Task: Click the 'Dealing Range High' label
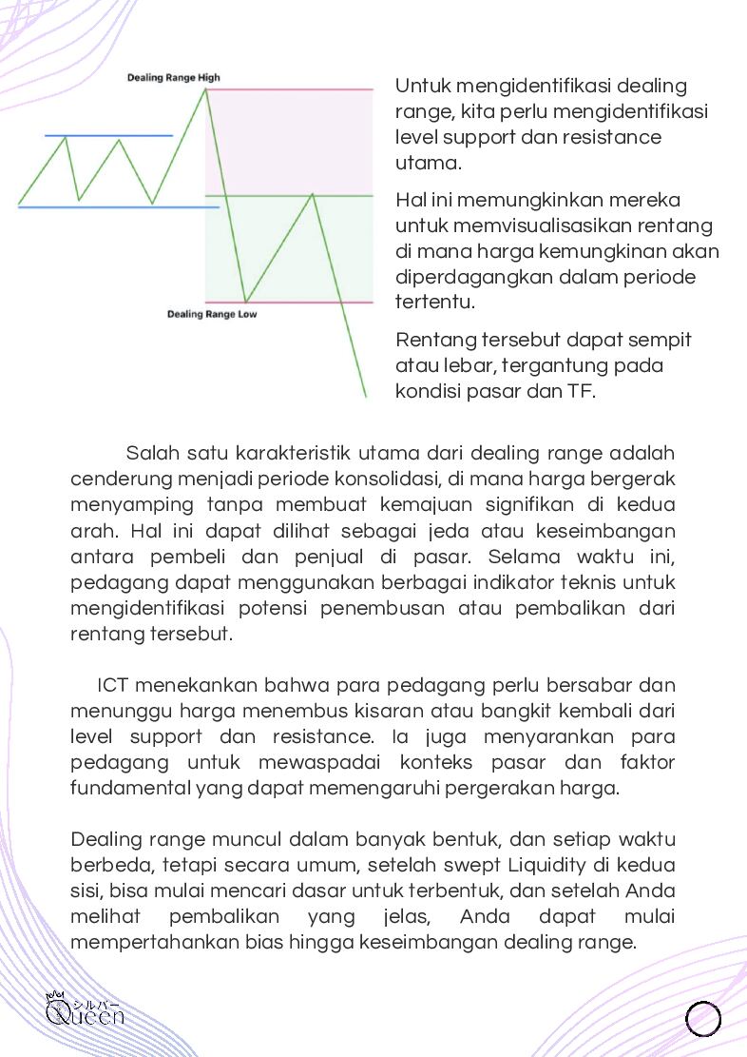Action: pos(174,78)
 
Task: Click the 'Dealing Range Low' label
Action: pos(212,313)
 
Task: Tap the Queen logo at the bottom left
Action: pos(85,1010)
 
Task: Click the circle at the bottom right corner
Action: pos(703,1018)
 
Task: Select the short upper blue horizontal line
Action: pos(108,136)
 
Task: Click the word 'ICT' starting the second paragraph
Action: pos(112,685)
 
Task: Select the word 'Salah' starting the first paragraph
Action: pos(150,451)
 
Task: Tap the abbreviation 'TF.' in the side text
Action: pos(581,391)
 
